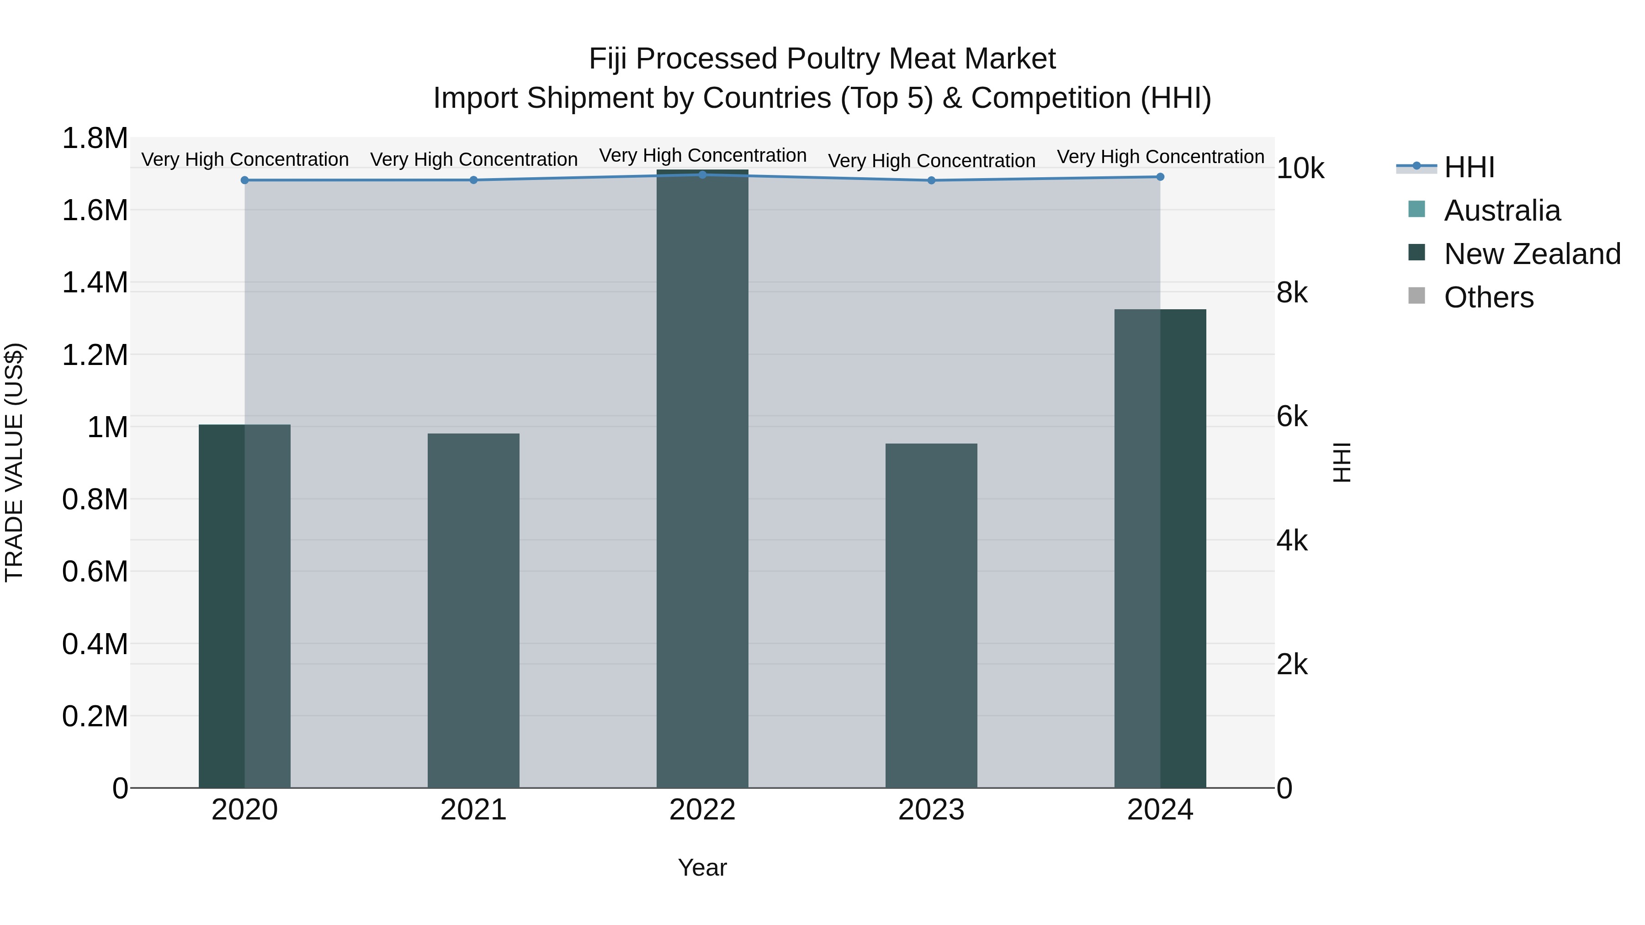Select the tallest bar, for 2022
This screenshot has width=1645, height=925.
point(702,479)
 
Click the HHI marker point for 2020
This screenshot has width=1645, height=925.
point(244,180)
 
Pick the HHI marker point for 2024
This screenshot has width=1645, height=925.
point(1160,177)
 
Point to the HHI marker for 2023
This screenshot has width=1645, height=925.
point(931,180)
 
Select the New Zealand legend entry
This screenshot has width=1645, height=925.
point(1531,254)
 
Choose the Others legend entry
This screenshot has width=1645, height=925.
point(1488,297)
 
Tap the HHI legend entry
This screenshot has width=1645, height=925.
point(1469,167)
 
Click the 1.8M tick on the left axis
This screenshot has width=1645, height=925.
point(95,138)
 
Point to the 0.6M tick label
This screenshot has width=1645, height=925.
point(95,571)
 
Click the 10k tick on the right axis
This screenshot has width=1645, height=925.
point(1300,169)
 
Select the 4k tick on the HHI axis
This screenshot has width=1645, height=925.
point(1292,541)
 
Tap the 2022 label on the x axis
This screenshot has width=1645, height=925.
point(702,810)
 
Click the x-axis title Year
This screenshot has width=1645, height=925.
point(702,867)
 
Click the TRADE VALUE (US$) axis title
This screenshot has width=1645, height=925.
point(14,462)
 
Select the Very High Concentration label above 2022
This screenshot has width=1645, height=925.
point(702,155)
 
